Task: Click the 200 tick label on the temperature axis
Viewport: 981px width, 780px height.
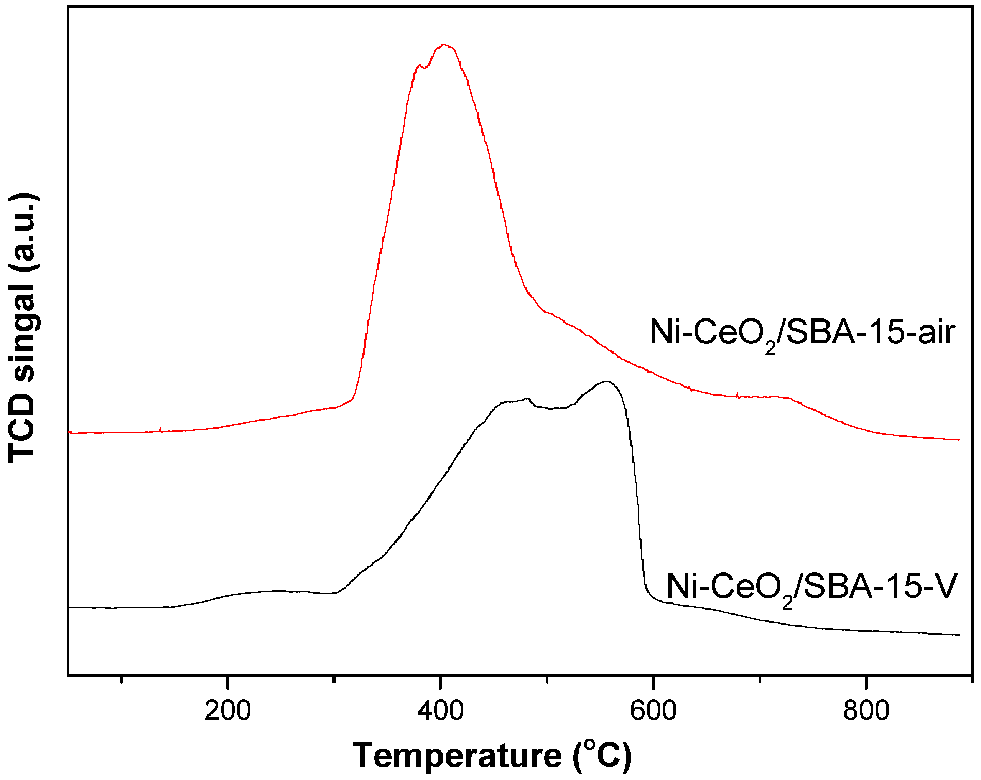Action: click(x=227, y=711)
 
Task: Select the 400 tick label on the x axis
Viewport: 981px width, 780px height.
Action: click(x=440, y=711)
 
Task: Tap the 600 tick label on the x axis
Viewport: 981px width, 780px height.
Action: click(x=653, y=711)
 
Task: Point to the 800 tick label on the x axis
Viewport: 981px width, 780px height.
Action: click(x=866, y=711)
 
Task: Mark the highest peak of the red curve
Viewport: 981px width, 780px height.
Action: click(x=444, y=45)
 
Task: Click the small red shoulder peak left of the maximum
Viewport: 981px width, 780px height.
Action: click(x=419, y=66)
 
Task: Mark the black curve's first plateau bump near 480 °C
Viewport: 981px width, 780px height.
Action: click(x=527, y=399)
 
